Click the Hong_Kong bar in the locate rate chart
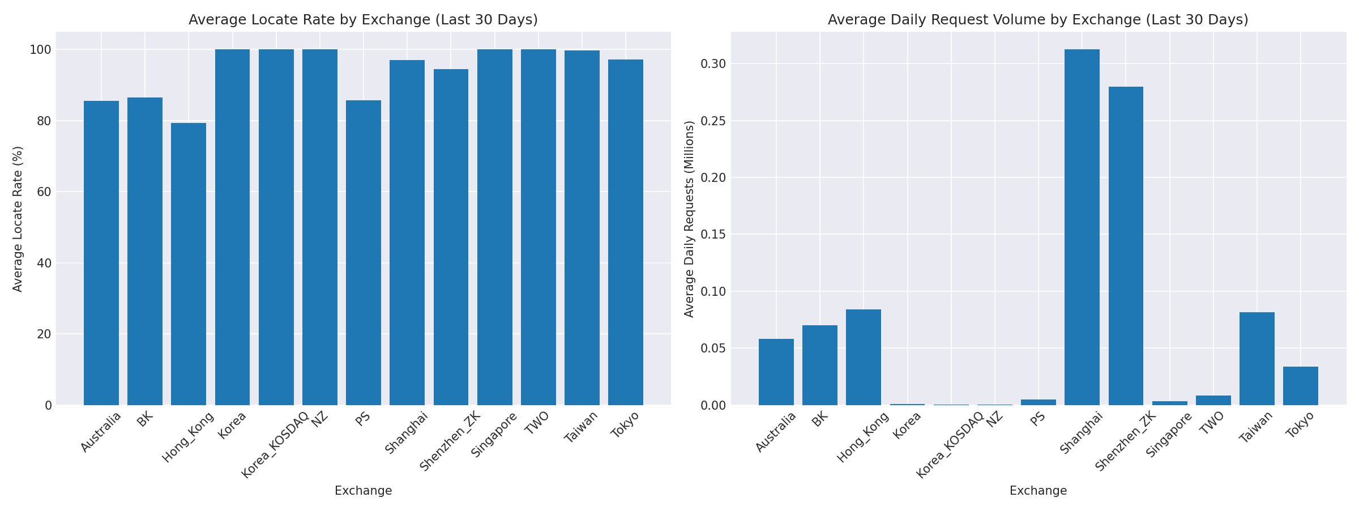coord(189,264)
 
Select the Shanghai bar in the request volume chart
coord(1082,227)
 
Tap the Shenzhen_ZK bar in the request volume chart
coord(1126,246)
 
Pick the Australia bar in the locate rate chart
coord(101,253)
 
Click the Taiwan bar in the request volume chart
coord(1257,359)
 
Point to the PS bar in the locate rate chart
coord(364,253)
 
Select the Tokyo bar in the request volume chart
coord(1301,386)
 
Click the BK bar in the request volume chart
coord(819,365)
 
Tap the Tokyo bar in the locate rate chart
coord(626,232)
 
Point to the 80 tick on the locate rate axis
coord(44,121)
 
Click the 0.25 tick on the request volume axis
coord(712,121)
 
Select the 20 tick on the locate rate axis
coord(44,334)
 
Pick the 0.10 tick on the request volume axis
coord(712,291)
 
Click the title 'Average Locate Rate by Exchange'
coord(363,20)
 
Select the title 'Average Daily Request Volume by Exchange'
coord(1038,20)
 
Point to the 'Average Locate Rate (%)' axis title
coord(18,219)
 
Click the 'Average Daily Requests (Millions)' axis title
coord(689,219)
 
